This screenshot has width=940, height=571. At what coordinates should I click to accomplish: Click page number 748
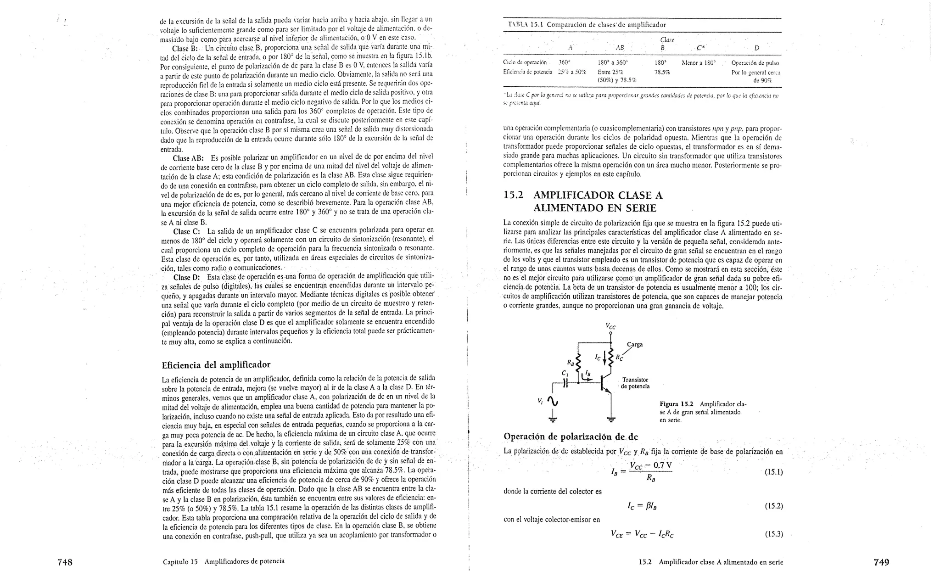coord(65,562)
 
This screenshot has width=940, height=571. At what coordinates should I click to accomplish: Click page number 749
coord(881,562)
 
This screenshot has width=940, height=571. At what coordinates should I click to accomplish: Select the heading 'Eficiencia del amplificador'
coord(216,365)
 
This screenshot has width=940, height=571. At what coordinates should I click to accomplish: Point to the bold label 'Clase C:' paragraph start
coord(186,231)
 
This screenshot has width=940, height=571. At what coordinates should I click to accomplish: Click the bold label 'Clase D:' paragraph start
coord(186,277)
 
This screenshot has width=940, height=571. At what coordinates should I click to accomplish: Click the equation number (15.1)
coord(773,472)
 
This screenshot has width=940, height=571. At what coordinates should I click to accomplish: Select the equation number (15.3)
coord(773,534)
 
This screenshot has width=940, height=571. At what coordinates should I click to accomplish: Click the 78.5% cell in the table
coord(662,72)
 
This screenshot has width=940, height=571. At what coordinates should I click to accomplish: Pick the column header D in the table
coord(756,48)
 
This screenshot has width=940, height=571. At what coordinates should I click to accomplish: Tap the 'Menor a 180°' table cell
coord(699,63)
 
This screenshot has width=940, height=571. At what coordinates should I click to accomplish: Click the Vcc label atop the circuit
coord(610,327)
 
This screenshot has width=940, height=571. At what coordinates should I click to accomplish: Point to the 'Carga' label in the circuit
coord(635,345)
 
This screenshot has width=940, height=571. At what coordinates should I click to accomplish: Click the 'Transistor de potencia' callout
coord(636,383)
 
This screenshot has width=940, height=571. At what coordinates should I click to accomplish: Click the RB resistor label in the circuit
coord(571,362)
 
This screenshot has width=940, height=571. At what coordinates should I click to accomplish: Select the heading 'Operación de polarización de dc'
coord(571,436)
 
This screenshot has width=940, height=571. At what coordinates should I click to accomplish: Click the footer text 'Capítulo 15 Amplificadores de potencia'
coord(224,561)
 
